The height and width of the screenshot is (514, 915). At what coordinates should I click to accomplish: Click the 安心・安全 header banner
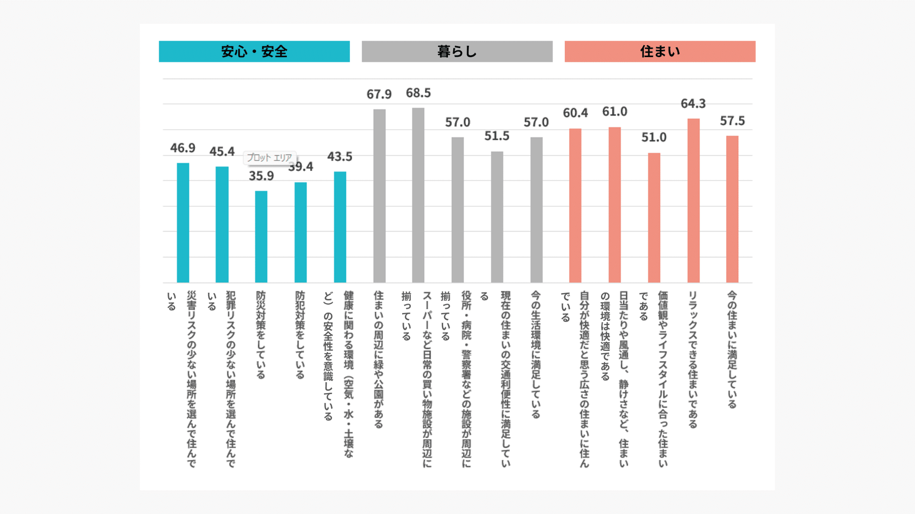[x=254, y=51]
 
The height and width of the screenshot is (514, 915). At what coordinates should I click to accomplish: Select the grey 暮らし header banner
[x=457, y=51]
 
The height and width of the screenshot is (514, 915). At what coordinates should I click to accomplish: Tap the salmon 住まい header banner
[x=660, y=51]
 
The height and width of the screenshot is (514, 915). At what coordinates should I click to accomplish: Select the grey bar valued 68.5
[x=418, y=195]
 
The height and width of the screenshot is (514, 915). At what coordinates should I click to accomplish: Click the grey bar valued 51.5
[x=497, y=217]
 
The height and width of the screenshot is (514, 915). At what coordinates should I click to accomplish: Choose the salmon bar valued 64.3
[x=693, y=200]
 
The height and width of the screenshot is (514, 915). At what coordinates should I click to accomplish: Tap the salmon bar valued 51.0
[x=654, y=217]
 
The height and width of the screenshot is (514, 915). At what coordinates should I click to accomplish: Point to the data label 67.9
[x=379, y=94]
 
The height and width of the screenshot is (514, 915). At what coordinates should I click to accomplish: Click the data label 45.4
[x=222, y=151]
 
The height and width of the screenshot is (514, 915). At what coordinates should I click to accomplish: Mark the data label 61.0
[x=615, y=111]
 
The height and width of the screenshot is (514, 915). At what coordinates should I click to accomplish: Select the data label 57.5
[x=732, y=121]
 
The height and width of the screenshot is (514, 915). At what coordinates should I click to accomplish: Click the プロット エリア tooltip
[x=270, y=158]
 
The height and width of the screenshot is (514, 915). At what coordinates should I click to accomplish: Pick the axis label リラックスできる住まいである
[x=693, y=359]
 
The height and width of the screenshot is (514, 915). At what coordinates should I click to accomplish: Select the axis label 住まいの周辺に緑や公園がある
[x=379, y=359]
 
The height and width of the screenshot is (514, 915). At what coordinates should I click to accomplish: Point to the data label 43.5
[x=340, y=157]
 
